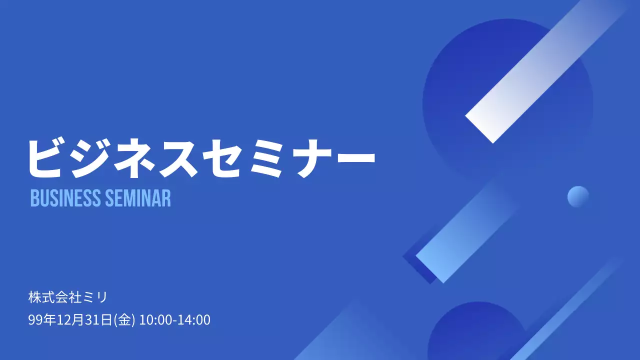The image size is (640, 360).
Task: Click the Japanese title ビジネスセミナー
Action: click(x=200, y=157)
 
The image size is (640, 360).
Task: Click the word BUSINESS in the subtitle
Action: click(x=65, y=198)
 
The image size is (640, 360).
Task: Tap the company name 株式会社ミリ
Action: click(x=68, y=297)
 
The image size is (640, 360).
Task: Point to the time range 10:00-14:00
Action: click(x=175, y=320)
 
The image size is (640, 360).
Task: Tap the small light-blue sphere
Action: click(x=578, y=196)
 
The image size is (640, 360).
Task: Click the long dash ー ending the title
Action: click(x=352, y=157)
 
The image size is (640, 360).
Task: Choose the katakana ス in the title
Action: click(x=177, y=157)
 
